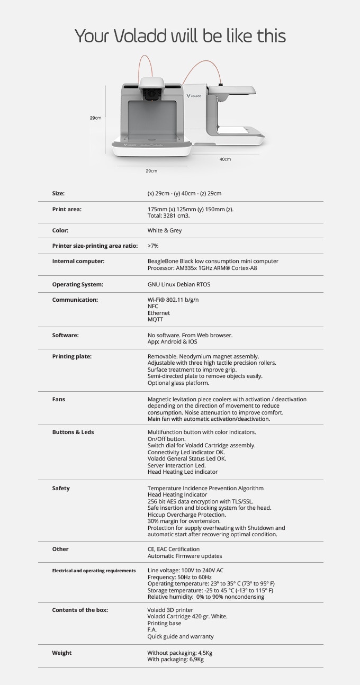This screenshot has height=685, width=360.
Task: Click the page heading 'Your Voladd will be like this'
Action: [x=180, y=36]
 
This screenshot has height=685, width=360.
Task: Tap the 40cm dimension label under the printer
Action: [x=225, y=159]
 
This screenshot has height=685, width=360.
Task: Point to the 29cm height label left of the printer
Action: [x=95, y=118]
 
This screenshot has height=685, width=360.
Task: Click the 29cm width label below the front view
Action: [x=151, y=170]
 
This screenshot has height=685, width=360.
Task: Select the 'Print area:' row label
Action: [x=67, y=209]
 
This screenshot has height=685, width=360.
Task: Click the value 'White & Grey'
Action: [x=164, y=231]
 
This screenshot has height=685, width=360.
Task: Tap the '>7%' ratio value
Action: [x=153, y=246]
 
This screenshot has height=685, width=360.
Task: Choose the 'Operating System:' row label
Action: [x=77, y=284]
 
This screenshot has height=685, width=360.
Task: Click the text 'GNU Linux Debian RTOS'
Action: [x=178, y=284]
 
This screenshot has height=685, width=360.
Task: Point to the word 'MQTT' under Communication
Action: [x=155, y=319]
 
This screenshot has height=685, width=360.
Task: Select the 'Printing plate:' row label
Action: [x=71, y=356]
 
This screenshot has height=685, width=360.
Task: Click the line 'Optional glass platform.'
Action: [x=178, y=383]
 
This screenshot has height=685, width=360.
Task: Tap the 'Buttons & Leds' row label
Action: [x=73, y=432]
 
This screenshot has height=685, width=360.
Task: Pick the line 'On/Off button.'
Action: [x=166, y=439]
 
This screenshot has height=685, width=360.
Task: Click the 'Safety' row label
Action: [x=60, y=488]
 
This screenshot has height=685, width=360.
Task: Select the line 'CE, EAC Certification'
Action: [x=173, y=549]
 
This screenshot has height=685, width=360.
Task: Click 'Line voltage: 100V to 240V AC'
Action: [x=185, y=570]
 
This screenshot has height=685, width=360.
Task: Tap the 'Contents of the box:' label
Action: [x=79, y=610]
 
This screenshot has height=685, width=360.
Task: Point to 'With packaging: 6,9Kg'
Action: [x=175, y=660]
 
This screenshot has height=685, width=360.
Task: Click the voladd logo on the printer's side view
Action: [x=195, y=96]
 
